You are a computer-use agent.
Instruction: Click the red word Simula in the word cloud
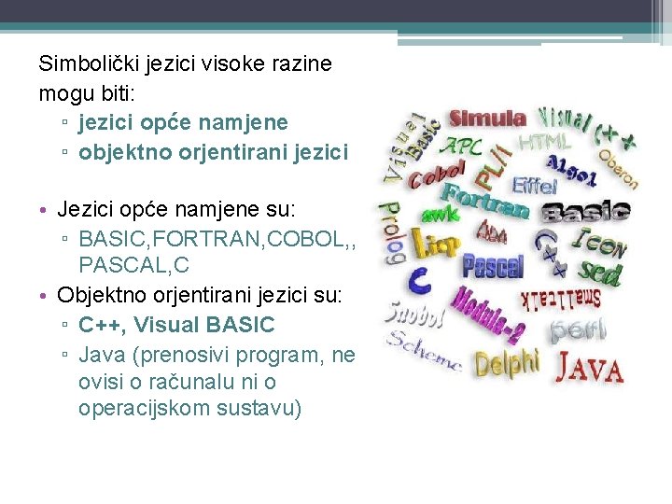487,119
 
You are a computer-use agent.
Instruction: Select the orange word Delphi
506,361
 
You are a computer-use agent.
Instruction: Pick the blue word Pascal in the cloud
492,267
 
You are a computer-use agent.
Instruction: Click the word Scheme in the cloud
424,352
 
